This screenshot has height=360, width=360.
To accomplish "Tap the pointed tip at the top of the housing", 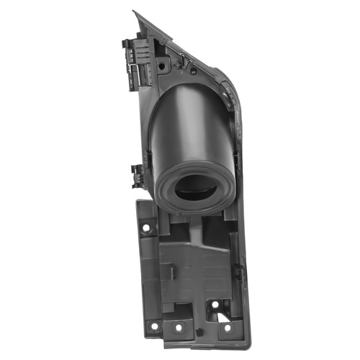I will tap(135, 12).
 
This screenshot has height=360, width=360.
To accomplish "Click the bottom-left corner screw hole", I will tap(153, 325).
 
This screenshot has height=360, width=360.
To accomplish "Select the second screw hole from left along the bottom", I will tap(178, 328).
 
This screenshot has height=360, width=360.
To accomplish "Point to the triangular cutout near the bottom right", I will tap(215, 315).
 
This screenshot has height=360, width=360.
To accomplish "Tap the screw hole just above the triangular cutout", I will tap(215, 304).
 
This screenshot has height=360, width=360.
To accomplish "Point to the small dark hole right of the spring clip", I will tap(193, 71).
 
